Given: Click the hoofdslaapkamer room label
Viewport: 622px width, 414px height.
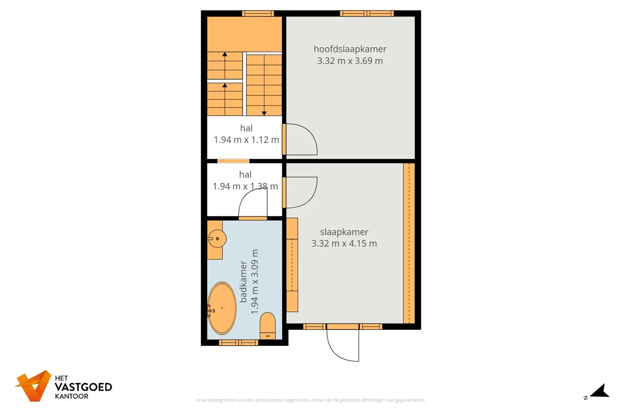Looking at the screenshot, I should pos(350,49).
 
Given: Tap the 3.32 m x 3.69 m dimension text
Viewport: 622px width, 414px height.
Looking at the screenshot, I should pos(350,61).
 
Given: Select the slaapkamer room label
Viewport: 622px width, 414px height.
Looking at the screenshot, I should pos(344,232).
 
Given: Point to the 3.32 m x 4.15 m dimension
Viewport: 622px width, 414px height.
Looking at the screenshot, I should pos(344,243).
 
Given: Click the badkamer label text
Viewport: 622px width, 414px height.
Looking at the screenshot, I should pos(243,281).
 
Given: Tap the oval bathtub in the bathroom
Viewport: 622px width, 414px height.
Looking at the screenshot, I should pos(222,308).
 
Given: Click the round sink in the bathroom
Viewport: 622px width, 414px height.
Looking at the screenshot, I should pos(217,239).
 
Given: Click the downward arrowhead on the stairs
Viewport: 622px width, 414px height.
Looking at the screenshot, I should pos(264,113).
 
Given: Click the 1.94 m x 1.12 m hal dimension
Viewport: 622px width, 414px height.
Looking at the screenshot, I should pos(246,140).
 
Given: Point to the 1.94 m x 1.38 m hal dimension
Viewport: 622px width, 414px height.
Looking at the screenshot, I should pos(245,186).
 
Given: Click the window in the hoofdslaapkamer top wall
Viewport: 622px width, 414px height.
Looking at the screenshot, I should pos(367,13).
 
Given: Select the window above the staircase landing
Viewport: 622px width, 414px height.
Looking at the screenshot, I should pos(258,13).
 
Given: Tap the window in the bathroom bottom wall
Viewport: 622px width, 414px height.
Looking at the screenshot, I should pos(239,343).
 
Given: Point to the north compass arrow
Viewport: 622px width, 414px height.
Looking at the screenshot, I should pos(601,391).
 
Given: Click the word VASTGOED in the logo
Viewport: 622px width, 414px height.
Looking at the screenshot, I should pos(83,387).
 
